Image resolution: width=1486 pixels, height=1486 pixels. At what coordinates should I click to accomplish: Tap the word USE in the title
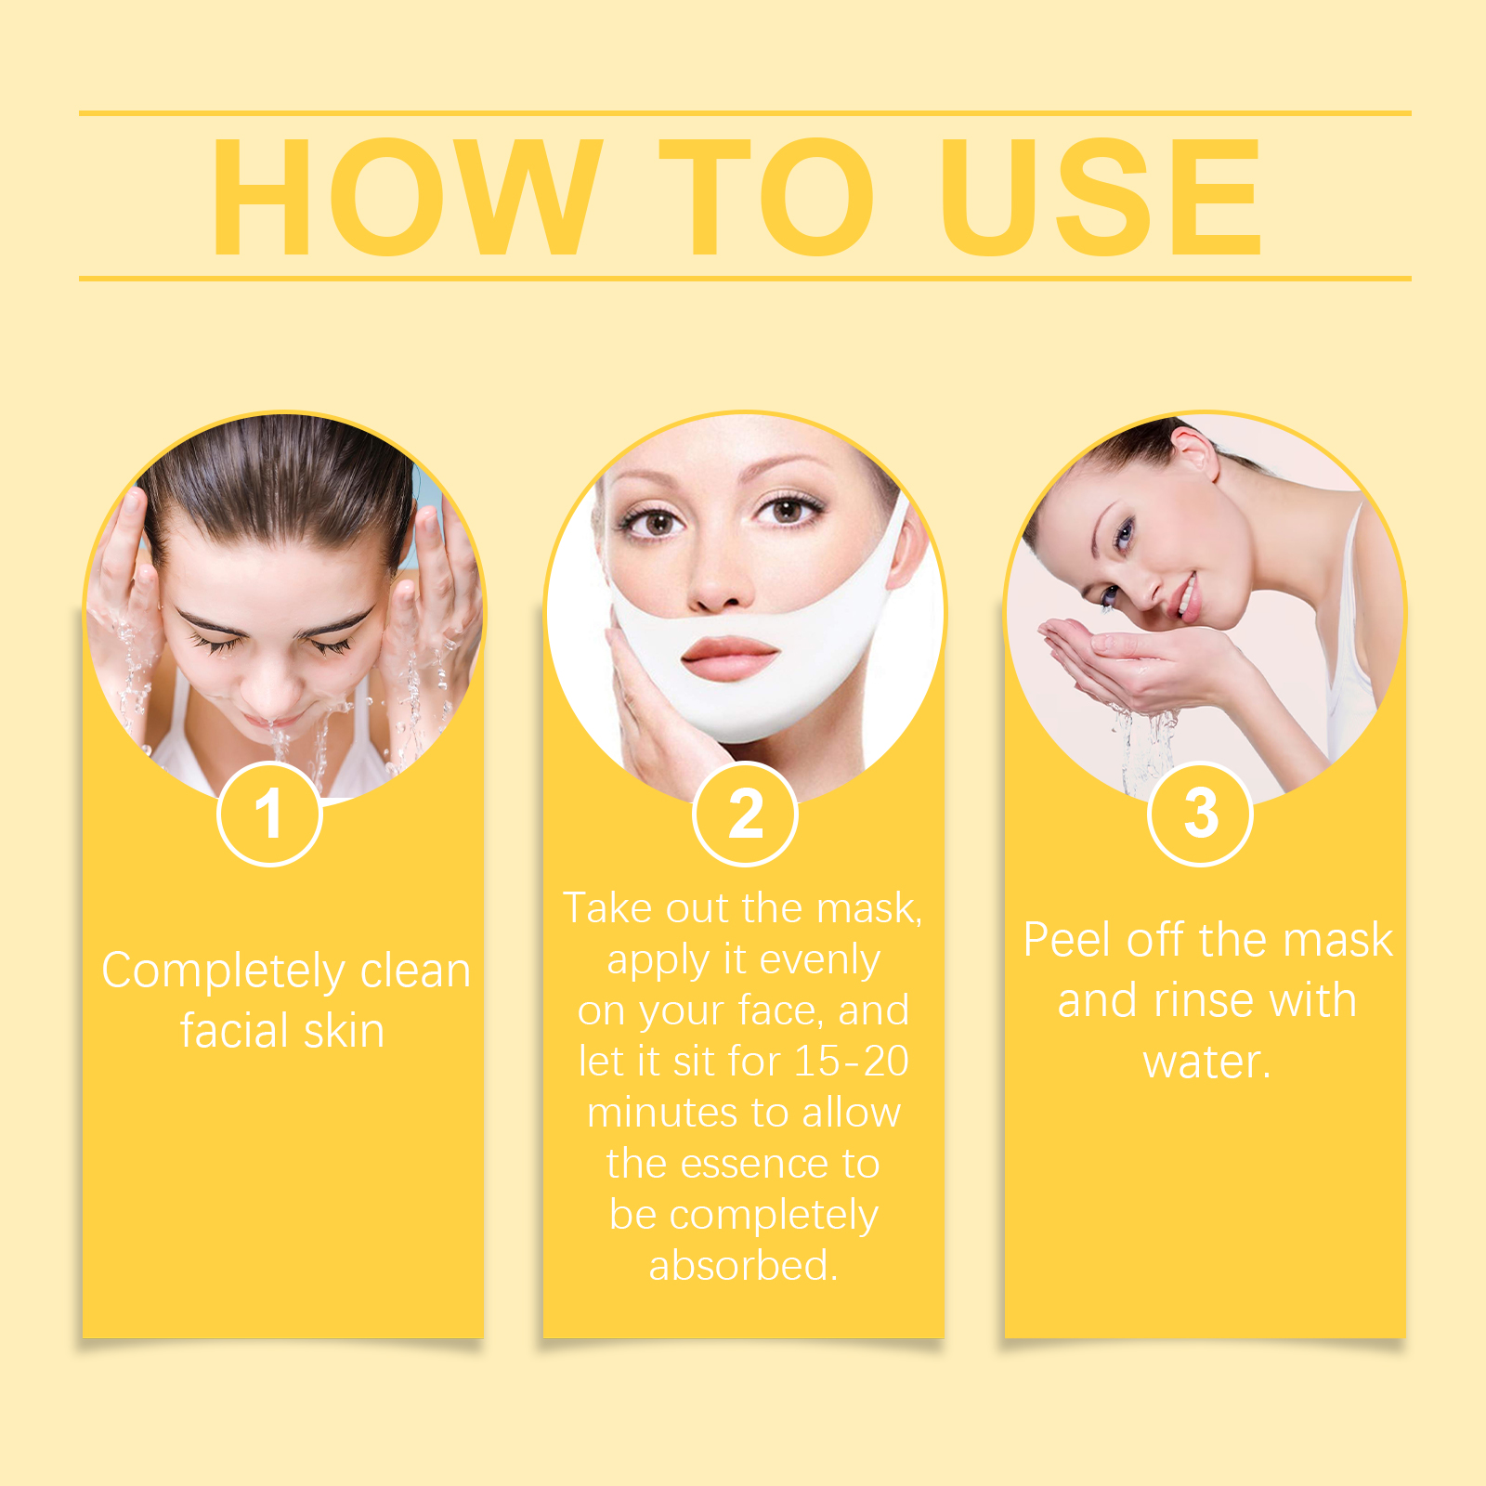[1101, 196]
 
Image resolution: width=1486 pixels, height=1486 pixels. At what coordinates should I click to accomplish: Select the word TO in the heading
[767, 196]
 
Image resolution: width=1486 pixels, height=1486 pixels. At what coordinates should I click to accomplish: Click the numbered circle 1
[269, 814]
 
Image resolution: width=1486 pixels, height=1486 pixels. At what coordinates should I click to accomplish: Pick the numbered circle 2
[745, 814]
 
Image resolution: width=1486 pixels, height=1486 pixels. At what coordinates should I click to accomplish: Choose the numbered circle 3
[1201, 814]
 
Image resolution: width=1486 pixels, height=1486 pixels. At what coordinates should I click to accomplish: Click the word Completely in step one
[223, 973]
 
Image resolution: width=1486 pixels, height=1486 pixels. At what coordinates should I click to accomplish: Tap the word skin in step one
[344, 1031]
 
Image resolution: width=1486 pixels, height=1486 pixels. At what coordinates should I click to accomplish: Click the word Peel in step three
[1068, 940]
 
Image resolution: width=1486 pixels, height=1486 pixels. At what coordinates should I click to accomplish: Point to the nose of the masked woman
[716, 576]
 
